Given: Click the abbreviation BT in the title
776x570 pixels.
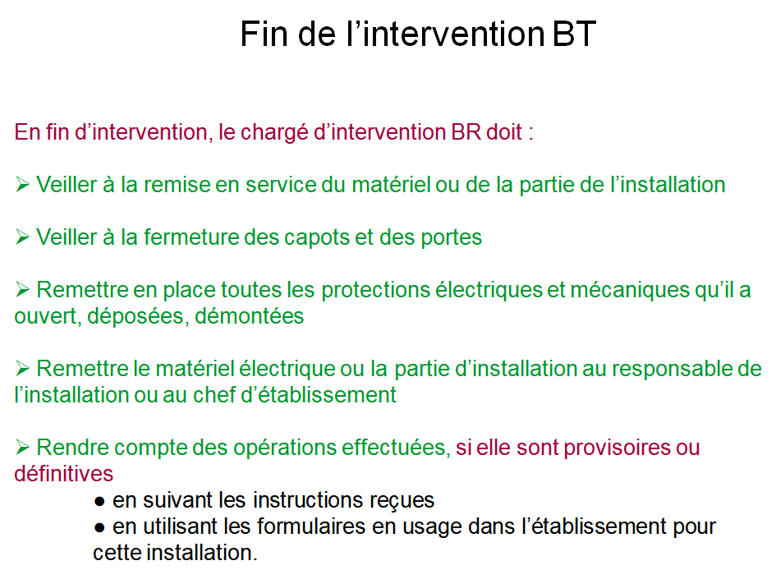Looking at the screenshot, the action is point(574,34).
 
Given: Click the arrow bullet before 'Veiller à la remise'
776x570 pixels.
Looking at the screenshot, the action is point(22,185).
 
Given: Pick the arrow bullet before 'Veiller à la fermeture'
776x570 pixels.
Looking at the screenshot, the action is point(22,237).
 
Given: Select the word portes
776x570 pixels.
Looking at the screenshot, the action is point(451,238).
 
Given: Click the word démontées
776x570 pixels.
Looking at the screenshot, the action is point(249,315).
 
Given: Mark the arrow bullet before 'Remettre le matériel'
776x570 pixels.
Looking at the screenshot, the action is point(22,368).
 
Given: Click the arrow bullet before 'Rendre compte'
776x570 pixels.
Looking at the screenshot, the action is point(22,447).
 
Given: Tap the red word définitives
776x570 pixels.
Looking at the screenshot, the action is point(64,474).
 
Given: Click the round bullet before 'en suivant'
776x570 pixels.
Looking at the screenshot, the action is point(99,502).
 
